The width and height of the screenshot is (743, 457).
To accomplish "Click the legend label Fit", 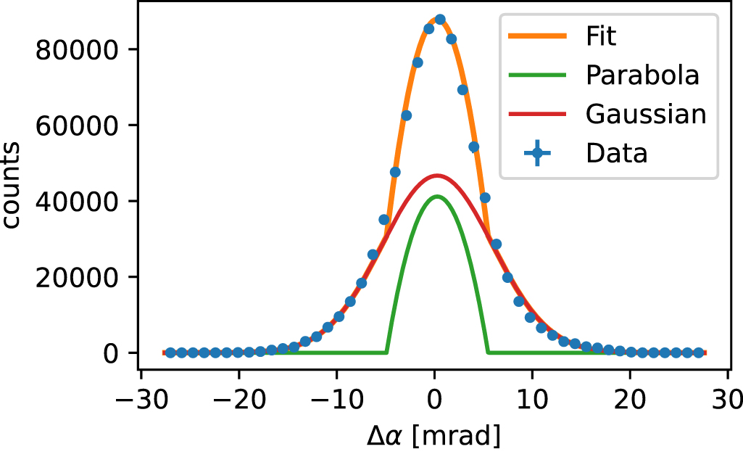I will (x=601, y=36).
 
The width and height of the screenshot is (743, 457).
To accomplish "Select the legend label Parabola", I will (x=642, y=75).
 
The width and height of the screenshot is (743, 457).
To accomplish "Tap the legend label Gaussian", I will (x=645, y=114).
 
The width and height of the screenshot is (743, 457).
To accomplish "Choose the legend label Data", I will (x=616, y=153).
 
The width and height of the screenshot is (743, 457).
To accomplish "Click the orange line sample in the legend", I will (x=536, y=36).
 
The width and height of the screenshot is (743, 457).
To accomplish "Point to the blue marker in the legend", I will (x=536, y=153).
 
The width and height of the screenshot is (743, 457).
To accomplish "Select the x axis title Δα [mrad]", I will (x=434, y=436).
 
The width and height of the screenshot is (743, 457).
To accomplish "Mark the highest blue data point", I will (x=440, y=20).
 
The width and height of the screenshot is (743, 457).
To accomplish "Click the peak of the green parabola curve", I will (x=436, y=196).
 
